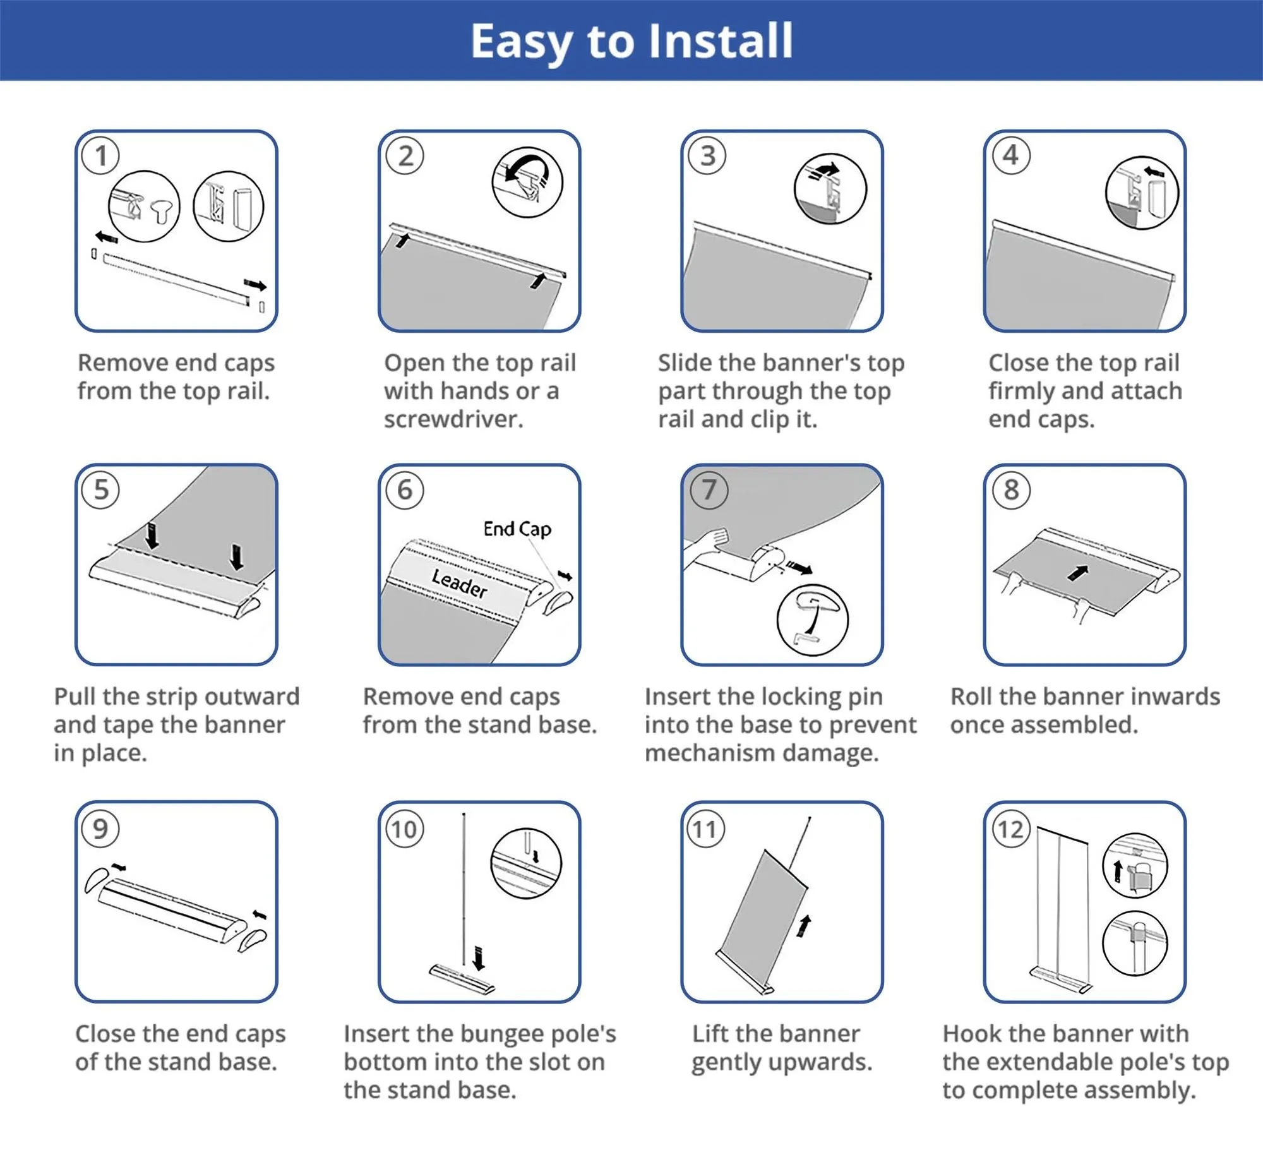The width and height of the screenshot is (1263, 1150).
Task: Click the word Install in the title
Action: tap(721, 41)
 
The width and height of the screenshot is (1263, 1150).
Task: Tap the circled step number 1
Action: tap(101, 156)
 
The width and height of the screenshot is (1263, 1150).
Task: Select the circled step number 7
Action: tap(709, 490)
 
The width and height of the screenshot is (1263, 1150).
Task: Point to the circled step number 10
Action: tap(405, 829)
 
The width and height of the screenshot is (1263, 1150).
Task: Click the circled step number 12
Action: tap(1011, 829)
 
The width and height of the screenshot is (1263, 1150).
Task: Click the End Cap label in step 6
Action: tap(517, 528)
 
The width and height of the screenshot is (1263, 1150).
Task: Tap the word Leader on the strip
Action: tap(460, 582)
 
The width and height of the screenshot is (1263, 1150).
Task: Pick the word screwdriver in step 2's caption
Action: tap(453, 419)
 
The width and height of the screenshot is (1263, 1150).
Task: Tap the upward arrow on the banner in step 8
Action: tap(1077, 572)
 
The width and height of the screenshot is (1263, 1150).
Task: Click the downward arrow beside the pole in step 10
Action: tap(478, 957)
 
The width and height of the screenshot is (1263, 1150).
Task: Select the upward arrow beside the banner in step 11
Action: tap(804, 926)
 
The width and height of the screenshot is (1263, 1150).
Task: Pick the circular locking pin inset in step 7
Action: tap(813, 620)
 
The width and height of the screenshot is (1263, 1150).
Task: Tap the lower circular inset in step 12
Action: tap(1135, 943)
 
